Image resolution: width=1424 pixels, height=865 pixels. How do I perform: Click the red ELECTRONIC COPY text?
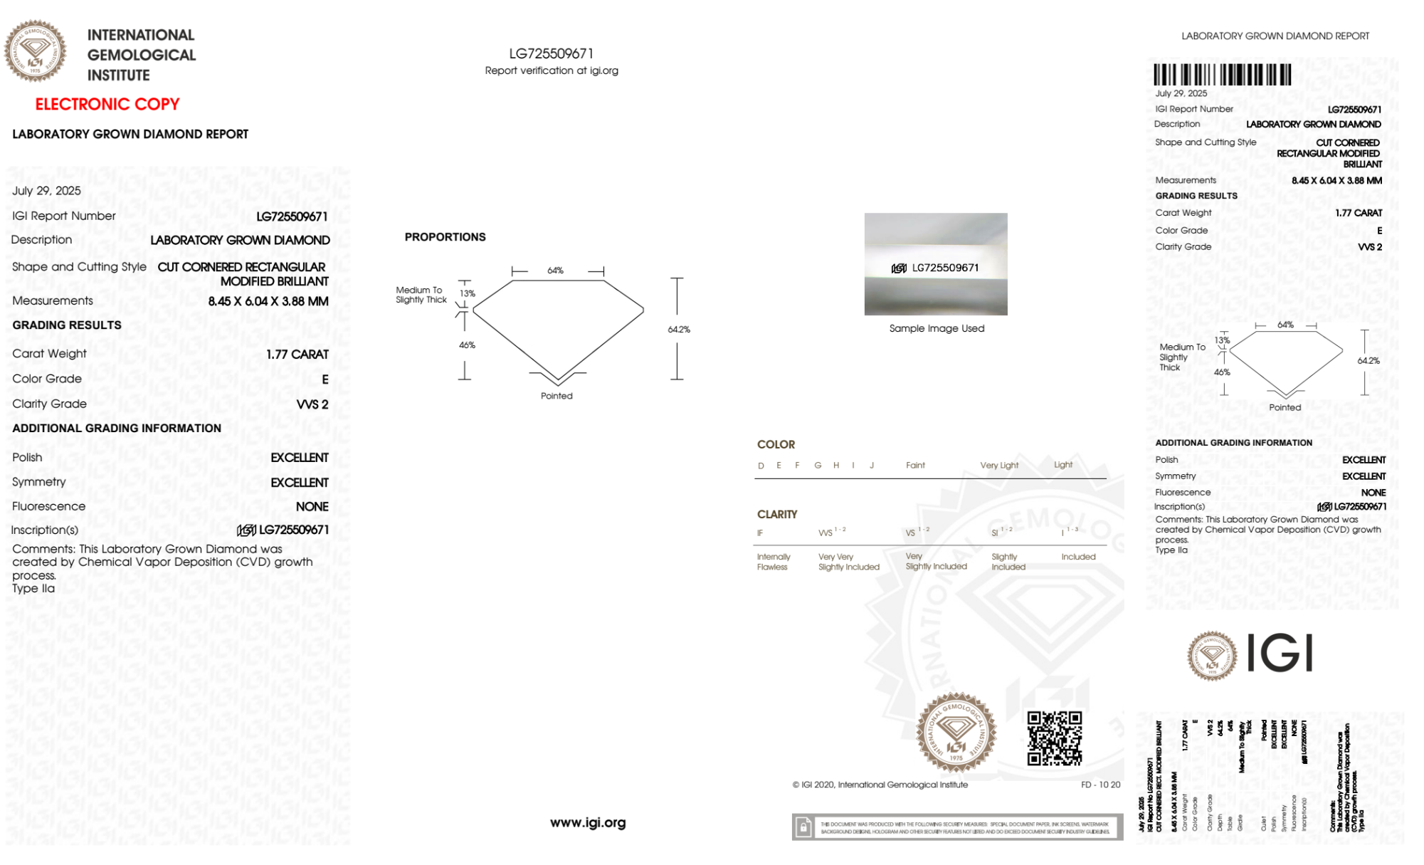pyautogui.click(x=107, y=105)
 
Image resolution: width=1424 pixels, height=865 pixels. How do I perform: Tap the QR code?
pyautogui.click(x=1054, y=738)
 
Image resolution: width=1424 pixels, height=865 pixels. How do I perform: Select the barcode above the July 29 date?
pyautogui.click(x=1222, y=75)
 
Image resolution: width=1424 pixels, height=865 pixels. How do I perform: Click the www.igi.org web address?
pyautogui.click(x=588, y=822)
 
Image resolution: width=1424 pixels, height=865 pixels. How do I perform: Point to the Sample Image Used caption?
pyautogui.click(x=937, y=328)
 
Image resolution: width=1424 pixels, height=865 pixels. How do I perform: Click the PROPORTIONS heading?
pyautogui.click(x=445, y=237)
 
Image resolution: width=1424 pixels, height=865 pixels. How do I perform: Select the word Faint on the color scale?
pyautogui.click(x=915, y=465)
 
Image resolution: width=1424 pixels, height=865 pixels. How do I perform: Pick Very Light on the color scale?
pyautogui.click(x=999, y=465)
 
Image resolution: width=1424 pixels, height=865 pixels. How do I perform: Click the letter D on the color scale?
pyautogui.click(x=761, y=466)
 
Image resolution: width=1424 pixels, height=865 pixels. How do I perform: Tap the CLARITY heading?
pyautogui.click(x=777, y=514)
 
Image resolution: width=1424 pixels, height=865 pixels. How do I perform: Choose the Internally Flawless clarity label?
pyautogui.click(x=773, y=562)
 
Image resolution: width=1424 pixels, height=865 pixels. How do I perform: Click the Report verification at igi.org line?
pyautogui.click(x=552, y=70)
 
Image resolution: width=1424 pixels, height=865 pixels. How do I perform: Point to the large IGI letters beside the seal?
pyautogui.click(x=1280, y=654)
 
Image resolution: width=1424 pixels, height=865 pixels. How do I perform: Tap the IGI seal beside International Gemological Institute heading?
pyautogui.click(x=35, y=51)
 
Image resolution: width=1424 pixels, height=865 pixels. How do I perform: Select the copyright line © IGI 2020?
pyautogui.click(x=880, y=785)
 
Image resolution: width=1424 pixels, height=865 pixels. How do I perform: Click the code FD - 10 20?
pyautogui.click(x=1100, y=785)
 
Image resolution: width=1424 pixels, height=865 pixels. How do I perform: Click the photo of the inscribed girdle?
pyautogui.click(x=936, y=264)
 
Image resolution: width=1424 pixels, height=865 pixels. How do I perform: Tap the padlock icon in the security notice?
pyautogui.click(x=803, y=827)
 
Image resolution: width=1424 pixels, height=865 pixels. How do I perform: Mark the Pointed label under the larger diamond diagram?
pyautogui.click(x=557, y=396)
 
